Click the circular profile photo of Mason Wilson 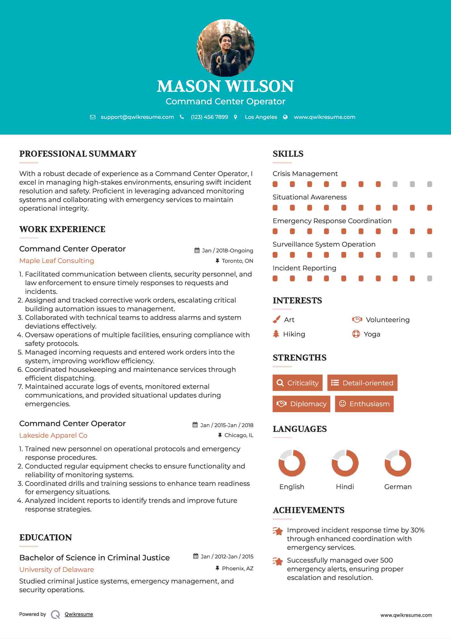point(225,48)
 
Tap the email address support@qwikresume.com point(137,117)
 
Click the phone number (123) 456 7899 point(209,117)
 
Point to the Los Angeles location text point(261,117)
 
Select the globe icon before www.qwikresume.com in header point(285,117)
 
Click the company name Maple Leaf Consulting point(57,261)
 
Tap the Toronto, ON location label point(237,261)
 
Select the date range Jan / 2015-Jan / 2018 point(226,425)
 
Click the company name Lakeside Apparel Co point(53,435)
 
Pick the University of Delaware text point(56,570)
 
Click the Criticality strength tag point(297,383)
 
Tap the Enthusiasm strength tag point(364,404)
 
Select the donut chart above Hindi point(345,463)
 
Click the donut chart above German point(398,463)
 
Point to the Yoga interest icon point(356,334)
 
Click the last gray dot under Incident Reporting point(430,278)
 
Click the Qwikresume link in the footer point(79,614)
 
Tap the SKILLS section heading point(288,154)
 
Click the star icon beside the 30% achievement point(278,531)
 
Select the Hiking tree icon point(276,334)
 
